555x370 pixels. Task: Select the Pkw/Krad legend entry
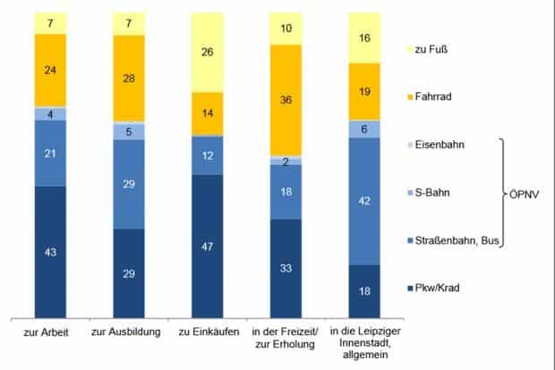pos(440,288)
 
